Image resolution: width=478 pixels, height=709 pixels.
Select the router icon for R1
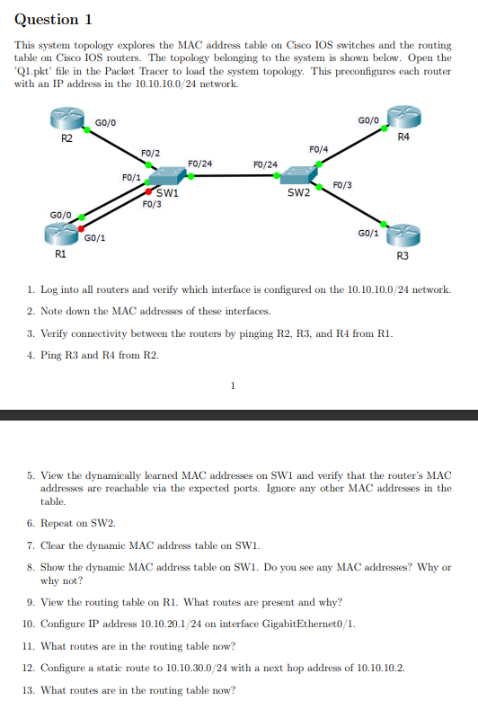tap(61, 235)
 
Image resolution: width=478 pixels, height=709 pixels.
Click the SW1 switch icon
tap(166, 177)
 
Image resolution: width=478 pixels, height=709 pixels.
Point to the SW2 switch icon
tap(297, 177)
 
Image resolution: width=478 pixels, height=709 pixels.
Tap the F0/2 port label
tap(150, 154)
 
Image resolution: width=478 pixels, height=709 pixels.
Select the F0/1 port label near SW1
tap(130, 177)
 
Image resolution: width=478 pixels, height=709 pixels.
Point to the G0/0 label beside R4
tap(368, 119)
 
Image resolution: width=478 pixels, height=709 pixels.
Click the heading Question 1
tap(54, 20)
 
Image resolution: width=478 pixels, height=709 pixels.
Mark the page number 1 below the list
tap(233, 387)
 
